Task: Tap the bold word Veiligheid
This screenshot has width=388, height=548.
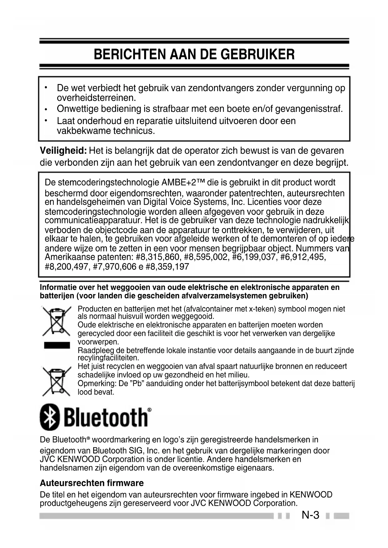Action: click(63, 151)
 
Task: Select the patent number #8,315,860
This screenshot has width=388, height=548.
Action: click(159, 257)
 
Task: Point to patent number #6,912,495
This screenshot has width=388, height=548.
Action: click(303, 257)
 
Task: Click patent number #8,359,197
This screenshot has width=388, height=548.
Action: click(167, 267)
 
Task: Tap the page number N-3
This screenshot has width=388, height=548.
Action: click(310, 515)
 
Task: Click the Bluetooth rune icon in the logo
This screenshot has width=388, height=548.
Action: click(50, 417)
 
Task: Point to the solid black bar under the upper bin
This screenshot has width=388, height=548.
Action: click(57, 345)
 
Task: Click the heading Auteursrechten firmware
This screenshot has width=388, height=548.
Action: click(92, 483)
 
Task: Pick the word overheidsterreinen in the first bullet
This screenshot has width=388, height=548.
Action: click(96, 98)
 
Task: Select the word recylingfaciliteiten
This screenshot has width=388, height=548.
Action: click(108, 358)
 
